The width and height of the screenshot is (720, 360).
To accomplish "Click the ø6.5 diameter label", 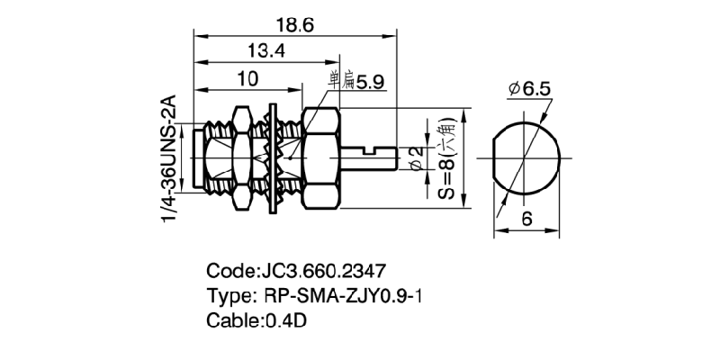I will pyautogui.click(x=530, y=89).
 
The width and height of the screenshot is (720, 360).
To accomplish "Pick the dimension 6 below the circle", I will pyautogui.click(x=526, y=219).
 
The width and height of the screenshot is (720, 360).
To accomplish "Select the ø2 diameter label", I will pyautogui.click(x=416, y=159).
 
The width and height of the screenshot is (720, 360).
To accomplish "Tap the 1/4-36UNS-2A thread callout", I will pyautogui.click(x=170, y=160).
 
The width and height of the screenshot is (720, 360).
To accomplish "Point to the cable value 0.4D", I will pyautogui.click(x=285, y=319).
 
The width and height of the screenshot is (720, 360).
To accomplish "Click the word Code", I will pyautogui.click(x=229, y=270).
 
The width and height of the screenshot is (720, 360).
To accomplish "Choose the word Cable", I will pyautogui.click(x=232, y=319).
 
